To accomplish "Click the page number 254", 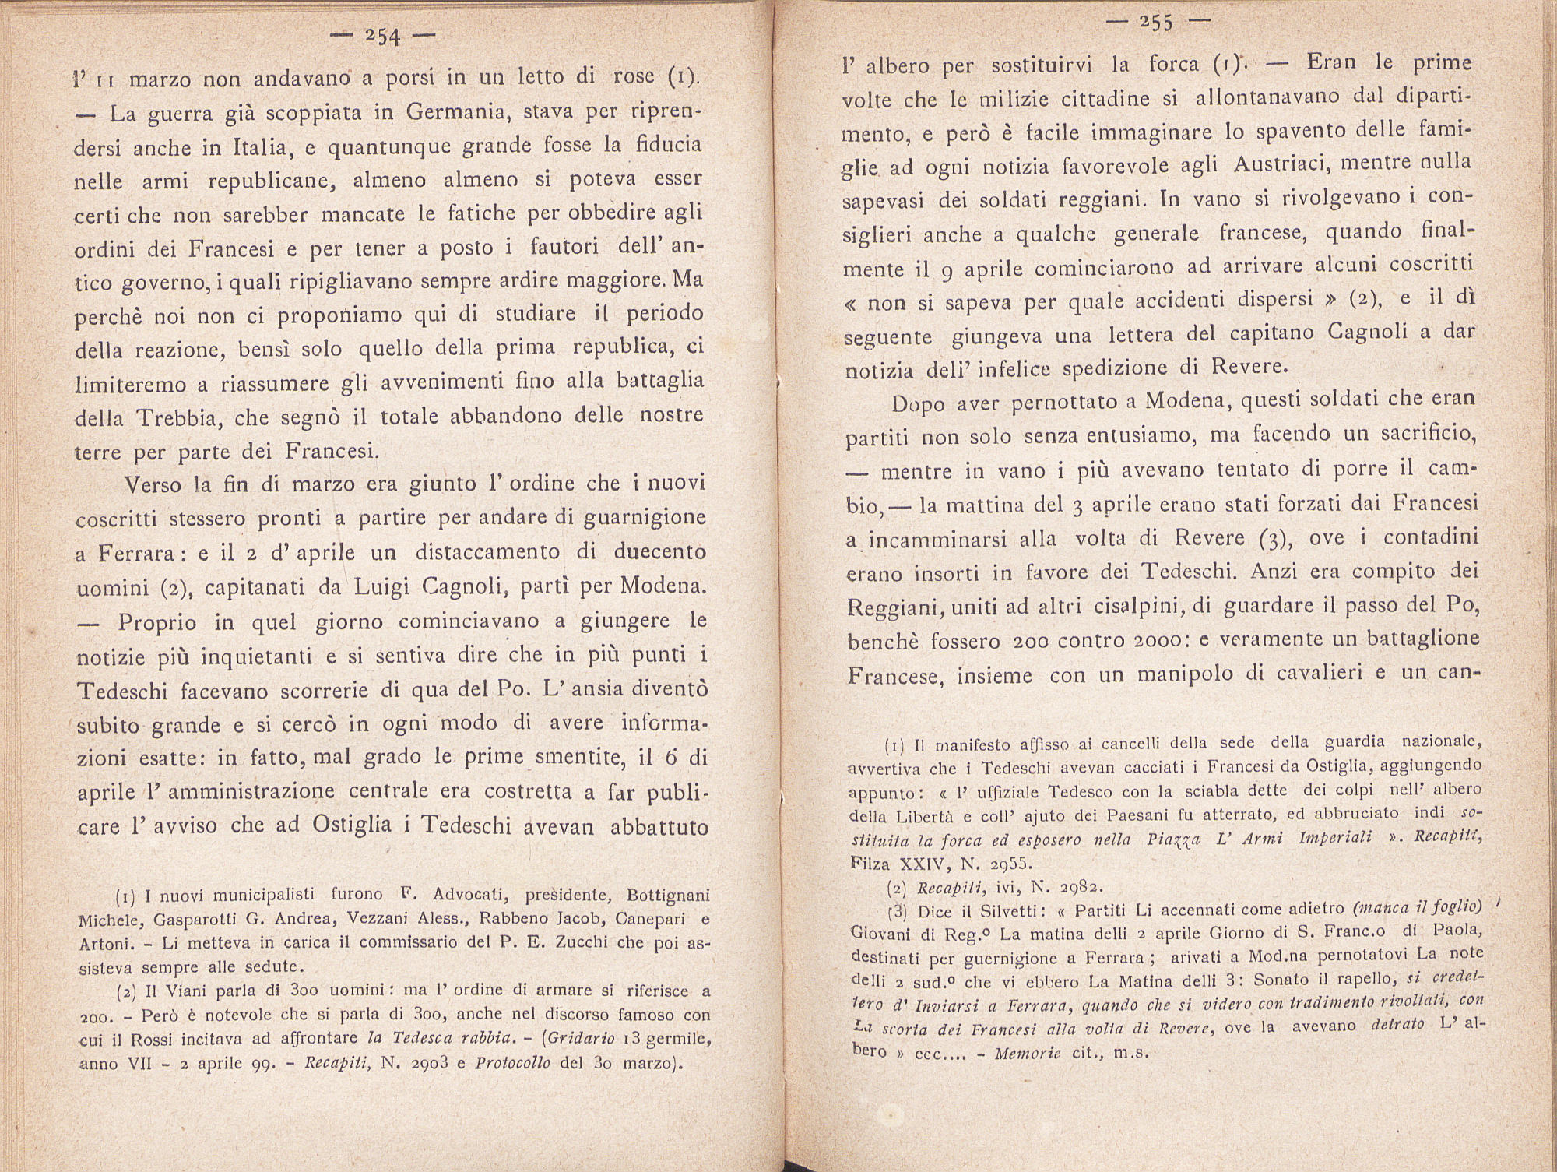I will point(383,37).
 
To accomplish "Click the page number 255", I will point(1155,23).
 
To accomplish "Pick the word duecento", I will point(660,553).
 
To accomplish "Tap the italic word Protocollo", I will point(515,1064).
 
